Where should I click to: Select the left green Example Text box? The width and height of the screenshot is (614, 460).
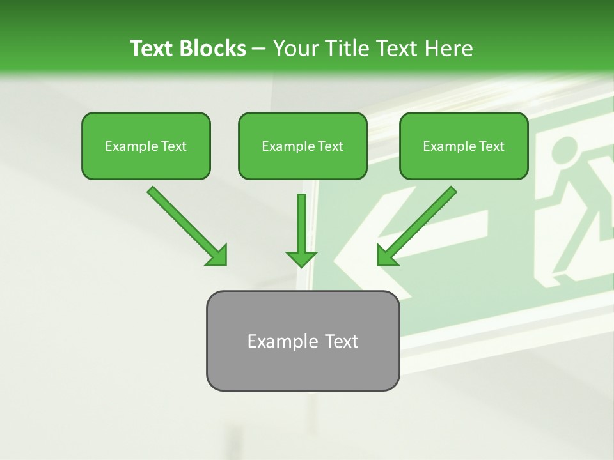(x=146, y=146)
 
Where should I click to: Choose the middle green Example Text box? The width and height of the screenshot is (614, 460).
(x=303, y=146)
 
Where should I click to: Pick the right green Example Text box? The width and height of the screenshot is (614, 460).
(x=464, y=146)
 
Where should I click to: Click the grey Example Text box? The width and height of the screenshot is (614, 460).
(x=303, y=341)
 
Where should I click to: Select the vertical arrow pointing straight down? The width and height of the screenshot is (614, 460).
(x=302, y=227)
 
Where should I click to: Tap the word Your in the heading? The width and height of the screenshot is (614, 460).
(x=294, y=49)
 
